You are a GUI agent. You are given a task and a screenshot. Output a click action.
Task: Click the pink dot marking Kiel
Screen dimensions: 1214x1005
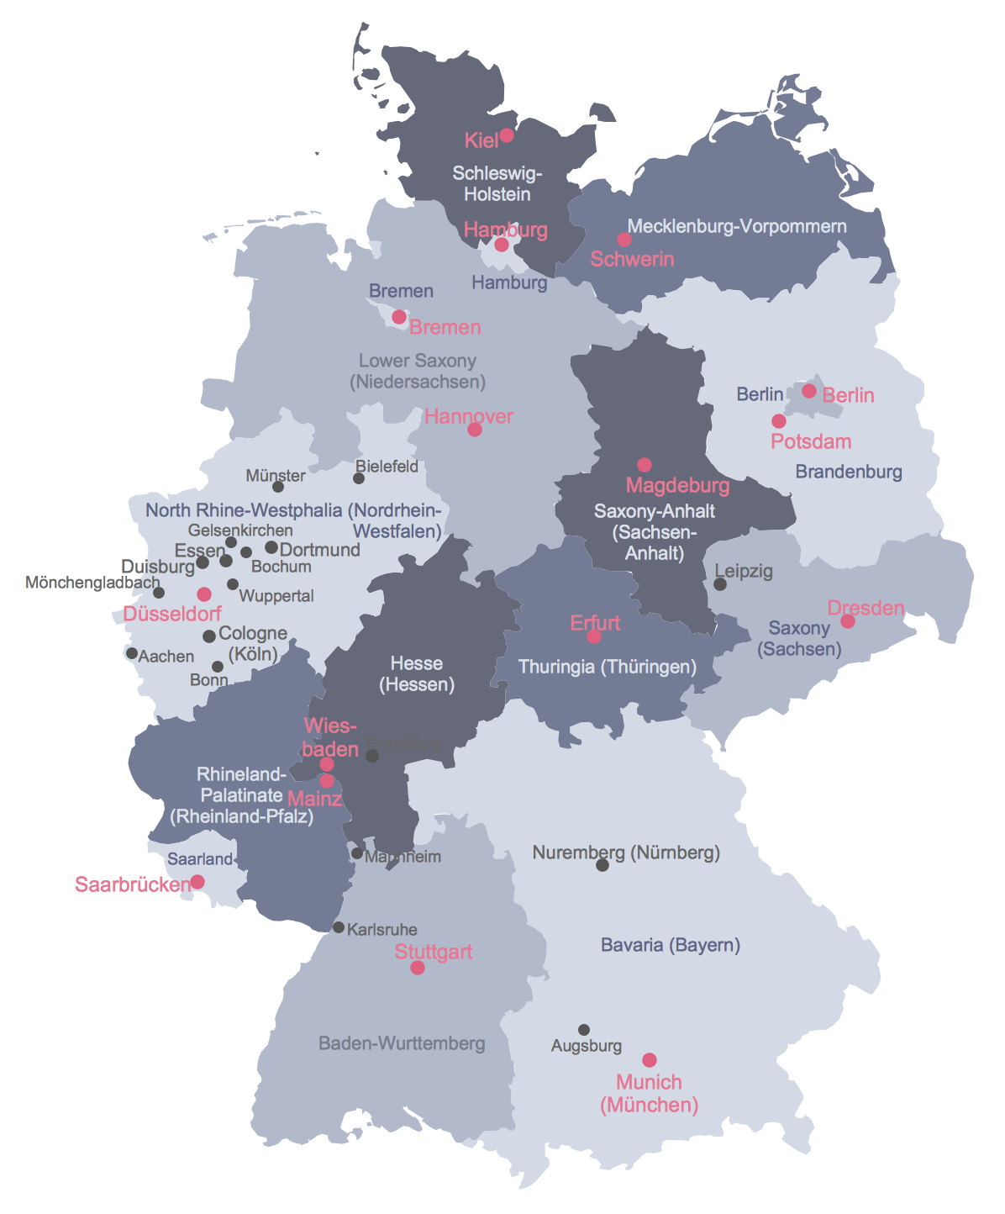point(507,135)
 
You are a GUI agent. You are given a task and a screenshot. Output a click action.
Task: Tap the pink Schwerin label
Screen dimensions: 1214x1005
point(632,259)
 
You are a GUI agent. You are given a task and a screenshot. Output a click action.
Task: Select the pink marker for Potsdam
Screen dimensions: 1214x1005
point(779,421)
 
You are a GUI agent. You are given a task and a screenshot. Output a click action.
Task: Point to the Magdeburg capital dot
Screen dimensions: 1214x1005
point(645,465)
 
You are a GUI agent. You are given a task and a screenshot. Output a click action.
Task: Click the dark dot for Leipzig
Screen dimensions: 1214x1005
point(720,584)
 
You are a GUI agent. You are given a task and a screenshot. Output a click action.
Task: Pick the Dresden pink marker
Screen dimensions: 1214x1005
point(848,621)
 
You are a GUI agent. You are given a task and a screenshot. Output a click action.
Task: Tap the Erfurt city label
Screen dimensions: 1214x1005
point(595,623)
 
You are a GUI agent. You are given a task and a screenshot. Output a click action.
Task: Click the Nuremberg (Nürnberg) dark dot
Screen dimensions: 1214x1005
point(602,865)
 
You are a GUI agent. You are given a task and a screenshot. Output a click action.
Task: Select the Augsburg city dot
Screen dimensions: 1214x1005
point(584,1030)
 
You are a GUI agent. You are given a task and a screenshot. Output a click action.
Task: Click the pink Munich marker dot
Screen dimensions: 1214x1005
point(650,1061)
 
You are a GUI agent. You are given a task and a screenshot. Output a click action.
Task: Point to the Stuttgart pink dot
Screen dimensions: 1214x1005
point(418,969)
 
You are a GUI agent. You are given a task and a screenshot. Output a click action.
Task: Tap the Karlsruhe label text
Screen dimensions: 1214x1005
point(381,930)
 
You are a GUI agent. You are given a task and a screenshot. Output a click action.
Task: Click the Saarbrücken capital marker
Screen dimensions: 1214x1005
point(197,882)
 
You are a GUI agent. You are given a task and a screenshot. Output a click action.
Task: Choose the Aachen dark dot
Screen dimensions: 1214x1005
point(132,653)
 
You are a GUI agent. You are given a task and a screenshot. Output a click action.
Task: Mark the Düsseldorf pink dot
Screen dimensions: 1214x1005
point(204,594)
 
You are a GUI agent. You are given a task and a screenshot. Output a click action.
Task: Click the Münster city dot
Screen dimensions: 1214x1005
point(278,487)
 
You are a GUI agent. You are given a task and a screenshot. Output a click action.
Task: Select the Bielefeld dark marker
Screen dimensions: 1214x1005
point(359,478)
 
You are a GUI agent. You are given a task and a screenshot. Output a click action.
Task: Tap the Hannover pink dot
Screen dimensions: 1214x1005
point(475,430)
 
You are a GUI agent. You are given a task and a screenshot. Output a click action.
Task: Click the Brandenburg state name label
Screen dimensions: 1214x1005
point(849,472)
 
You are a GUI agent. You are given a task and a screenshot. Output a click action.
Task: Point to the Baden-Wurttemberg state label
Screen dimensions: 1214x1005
point(402,1044)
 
